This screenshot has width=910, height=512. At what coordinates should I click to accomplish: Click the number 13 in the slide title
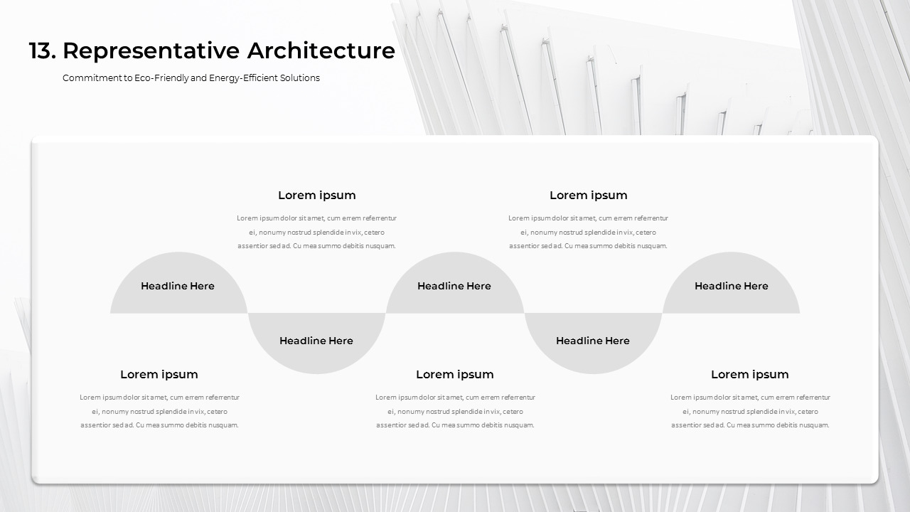tap(41, 51)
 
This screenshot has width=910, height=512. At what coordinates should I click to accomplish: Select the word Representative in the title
tap(151, 51)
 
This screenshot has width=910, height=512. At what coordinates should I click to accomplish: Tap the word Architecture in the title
tap(321, 51)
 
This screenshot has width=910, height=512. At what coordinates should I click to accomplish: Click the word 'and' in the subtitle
tap(199, 78)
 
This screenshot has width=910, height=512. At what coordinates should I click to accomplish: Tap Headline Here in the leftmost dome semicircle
tap(178, 286)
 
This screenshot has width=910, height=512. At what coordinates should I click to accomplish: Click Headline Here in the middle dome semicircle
tap(454, 286)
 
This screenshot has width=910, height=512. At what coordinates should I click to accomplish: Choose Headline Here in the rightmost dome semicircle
tap(731, 286)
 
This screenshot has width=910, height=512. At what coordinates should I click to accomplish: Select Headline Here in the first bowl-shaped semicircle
tap(316, 341)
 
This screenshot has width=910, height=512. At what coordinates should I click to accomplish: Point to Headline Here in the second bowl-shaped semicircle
tap(593, 341)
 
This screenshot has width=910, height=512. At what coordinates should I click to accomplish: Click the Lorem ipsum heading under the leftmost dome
tap(159, 375)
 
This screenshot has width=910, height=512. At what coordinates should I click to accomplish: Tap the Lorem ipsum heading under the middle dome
tap(455, 375)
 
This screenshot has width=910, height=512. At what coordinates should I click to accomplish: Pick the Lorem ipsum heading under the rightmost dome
tap(750, 375)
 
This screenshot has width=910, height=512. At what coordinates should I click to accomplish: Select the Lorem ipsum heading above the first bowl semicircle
tap(317, 196)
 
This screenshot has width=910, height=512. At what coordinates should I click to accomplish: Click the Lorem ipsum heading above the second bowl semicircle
tap(589, 196)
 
